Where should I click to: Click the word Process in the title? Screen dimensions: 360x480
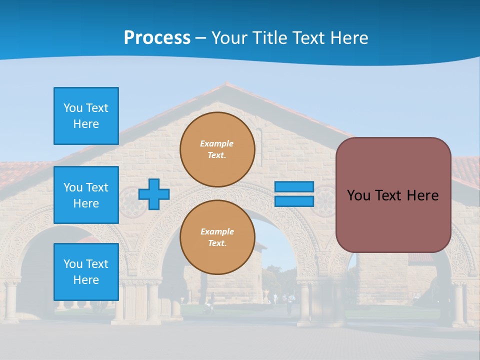(x=157, y=38)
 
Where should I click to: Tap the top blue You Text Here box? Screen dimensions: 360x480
(x=86, y=116)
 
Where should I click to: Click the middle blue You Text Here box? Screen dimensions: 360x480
(x=86, y=195)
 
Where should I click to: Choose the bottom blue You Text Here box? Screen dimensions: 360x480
(x=86, y=272)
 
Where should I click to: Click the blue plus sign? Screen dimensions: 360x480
(x=154, y=194)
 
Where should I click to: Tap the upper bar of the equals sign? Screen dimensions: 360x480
(x=294, y=186)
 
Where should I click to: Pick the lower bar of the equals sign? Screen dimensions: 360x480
(x=294, y=201)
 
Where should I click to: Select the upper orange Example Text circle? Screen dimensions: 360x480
(x=217, y=149)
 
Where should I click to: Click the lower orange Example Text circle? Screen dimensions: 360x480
(x=217, y=237)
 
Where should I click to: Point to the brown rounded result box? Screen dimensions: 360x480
(x=393, y=195)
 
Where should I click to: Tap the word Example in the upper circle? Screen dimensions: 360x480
(x=217, y=143)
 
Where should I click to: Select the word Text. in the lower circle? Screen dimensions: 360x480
(x=217, y=243)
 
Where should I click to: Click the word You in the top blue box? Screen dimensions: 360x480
(x=73, y=108)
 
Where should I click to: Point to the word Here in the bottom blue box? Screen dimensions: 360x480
(x=86, y=280)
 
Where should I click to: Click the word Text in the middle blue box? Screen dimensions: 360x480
(x=97, y=187)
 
